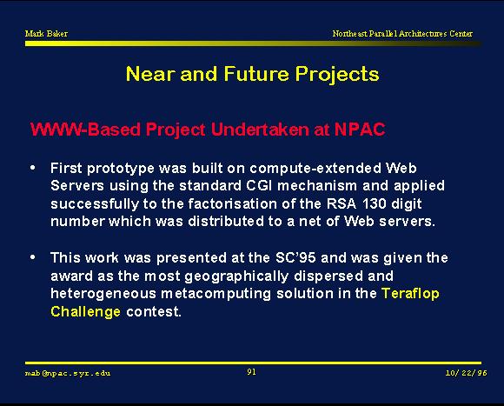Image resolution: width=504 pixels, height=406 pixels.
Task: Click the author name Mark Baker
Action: [x=46, y=33]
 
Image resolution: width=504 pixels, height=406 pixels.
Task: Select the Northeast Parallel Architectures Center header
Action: [x=402, y=33]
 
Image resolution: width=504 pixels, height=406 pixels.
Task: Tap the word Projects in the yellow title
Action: [x=337, y=75]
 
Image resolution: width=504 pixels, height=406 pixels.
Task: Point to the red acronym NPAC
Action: [x=360, y=130]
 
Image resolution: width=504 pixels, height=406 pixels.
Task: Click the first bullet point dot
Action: [x=32, y=168]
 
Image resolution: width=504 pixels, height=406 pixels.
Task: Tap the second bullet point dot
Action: [x=32, y=257]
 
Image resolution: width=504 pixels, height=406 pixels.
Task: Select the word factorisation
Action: [x=232, y=203]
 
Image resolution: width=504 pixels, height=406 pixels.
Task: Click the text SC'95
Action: [x=295, y=257]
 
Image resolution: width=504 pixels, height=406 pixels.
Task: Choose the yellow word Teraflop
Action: [x=410, y=294]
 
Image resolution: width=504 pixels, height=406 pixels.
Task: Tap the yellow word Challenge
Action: [x=85, y=312]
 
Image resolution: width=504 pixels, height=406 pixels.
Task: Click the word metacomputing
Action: [x=216, y=294]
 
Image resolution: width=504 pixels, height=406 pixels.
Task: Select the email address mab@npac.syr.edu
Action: [x=68, y=373]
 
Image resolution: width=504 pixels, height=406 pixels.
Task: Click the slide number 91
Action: [x=251, y=372]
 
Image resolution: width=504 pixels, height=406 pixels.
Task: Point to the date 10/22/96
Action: [x=466, y=373]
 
